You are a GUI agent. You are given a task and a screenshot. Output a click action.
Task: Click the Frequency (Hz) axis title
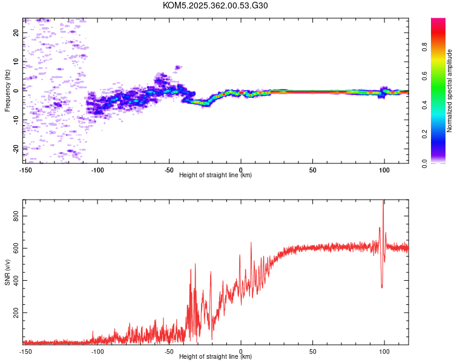(7, 91)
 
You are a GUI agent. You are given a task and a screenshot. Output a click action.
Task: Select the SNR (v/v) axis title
(7, 272)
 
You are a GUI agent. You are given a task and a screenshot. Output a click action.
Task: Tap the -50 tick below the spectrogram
(169, 169)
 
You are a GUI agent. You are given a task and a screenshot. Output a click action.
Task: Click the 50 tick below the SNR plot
(312, 351)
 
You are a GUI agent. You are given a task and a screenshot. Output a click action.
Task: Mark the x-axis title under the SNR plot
(215, 357)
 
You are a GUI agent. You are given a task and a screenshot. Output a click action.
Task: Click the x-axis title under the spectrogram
(215, 175)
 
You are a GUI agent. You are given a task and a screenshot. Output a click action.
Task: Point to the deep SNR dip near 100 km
(382, 286)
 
